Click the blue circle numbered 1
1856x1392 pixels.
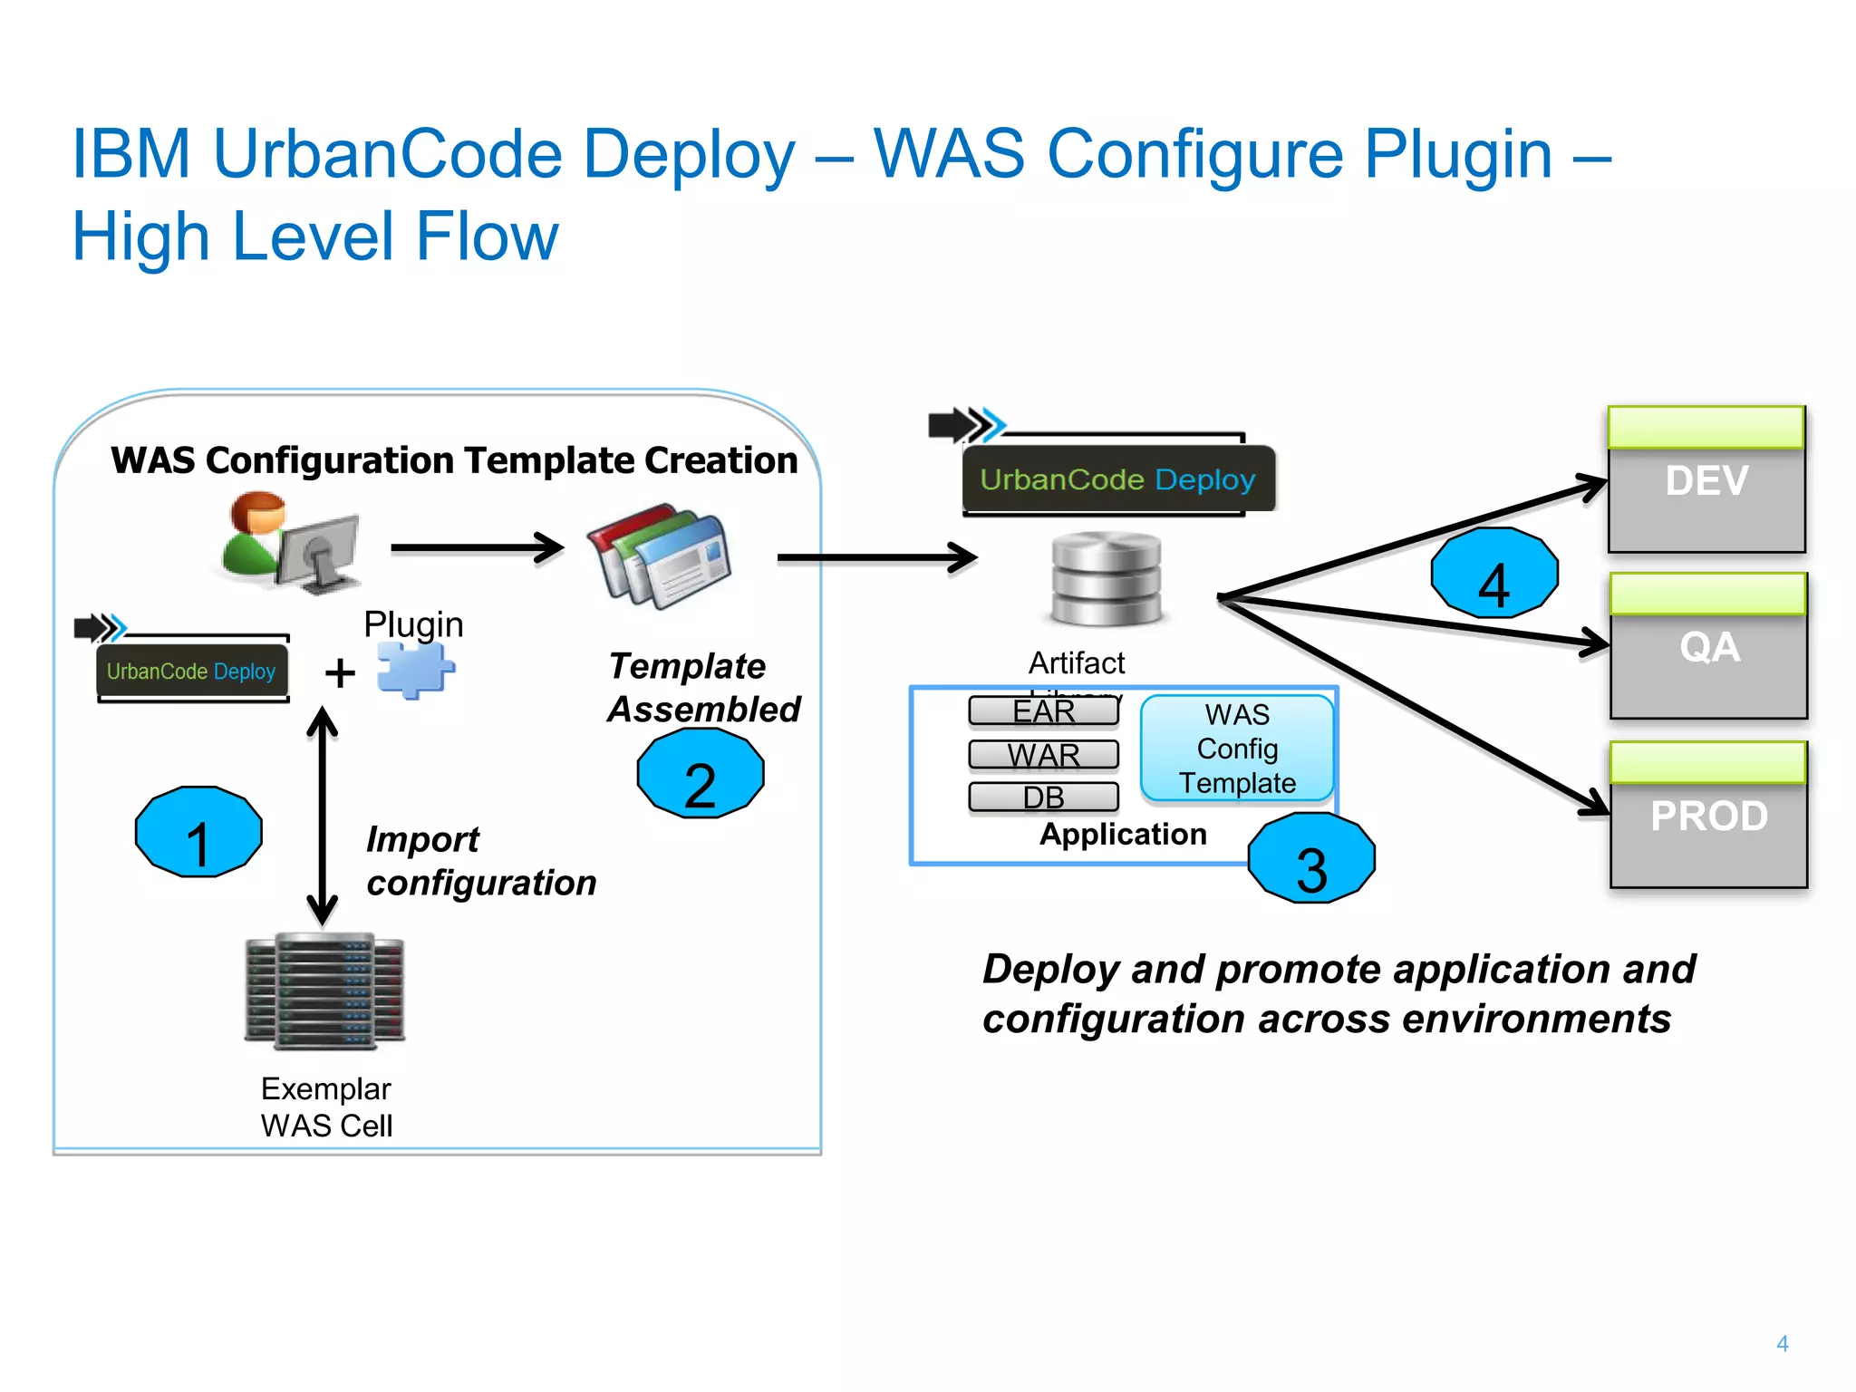pos(198,832)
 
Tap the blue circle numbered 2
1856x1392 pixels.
pos(701,773)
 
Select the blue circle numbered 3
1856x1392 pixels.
pos(1311,857)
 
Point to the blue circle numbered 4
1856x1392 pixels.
pos(1494,573)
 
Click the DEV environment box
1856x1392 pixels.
pos(1706,479)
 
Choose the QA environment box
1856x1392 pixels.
pos(1708,645)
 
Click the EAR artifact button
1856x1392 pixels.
pos(1043,712)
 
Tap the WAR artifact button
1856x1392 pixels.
pos(1043,754)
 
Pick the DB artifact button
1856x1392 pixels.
pos(1043,797)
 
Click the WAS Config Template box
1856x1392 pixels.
pos(1237,749)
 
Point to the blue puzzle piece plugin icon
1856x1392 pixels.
pos(415,670)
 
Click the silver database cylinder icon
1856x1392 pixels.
pos(1106,580)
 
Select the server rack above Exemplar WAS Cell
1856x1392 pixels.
pos(324,991)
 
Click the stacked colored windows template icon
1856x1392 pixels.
pos(659,555)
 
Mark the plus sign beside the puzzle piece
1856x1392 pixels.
pos(340,672)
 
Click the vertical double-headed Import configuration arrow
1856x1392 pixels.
pos(322,816)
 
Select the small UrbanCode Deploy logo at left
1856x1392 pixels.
pos(190,671)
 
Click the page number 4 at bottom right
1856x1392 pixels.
pos(1782,1343)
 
